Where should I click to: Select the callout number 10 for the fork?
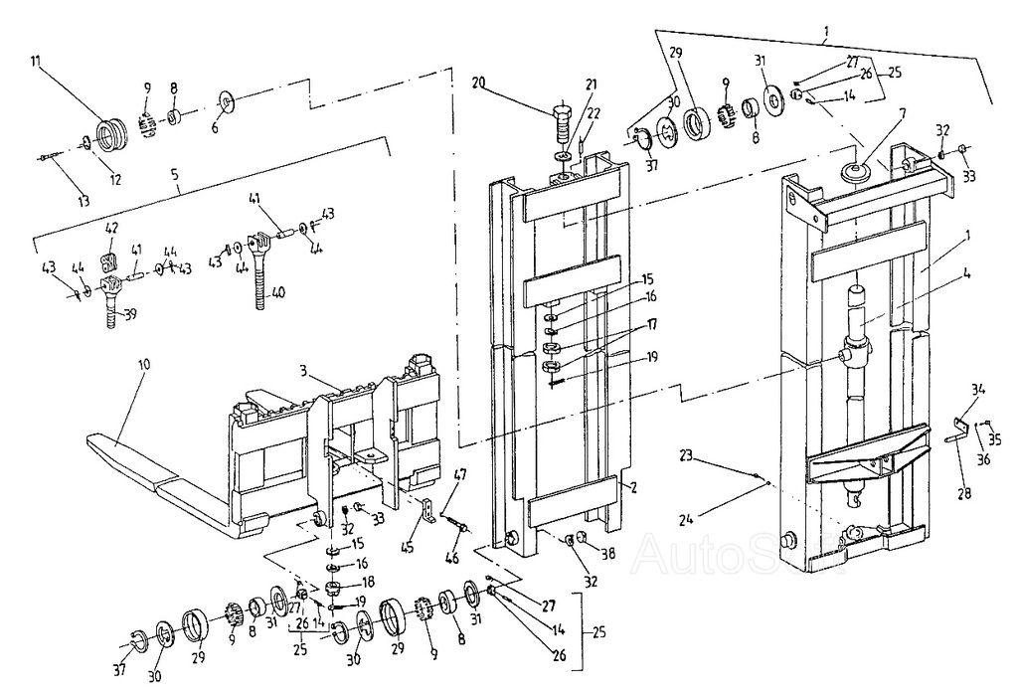[145, 365]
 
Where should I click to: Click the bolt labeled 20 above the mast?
[563, 125]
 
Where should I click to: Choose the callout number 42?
[111, 228]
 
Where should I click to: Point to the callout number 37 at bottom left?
[119, 670]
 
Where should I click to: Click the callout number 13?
[85, 201]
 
